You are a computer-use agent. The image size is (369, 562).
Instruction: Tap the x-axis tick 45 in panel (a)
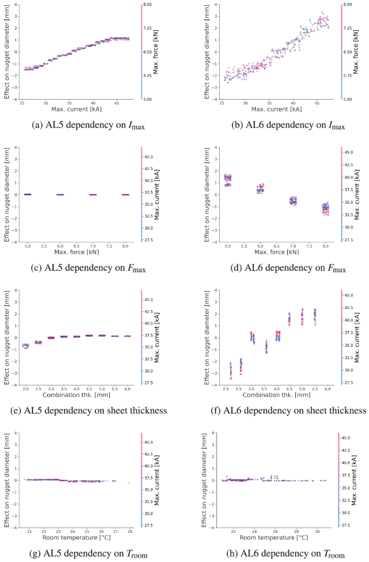[x=117, y=103]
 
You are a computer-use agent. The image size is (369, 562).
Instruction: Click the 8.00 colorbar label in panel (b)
[x=352, y=4]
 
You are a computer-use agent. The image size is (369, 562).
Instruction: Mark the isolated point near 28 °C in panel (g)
[x=128, y=483]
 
